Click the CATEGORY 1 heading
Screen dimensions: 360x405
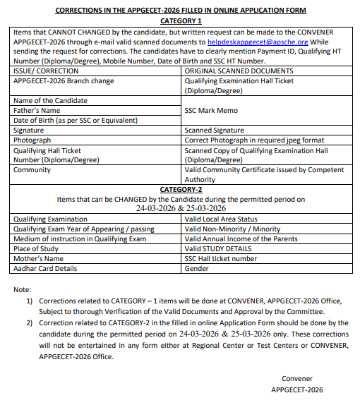pos(181,21)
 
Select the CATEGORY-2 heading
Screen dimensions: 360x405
pos(181,190)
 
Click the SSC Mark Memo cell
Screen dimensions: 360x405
pos(211,111)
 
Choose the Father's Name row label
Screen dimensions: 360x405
pos(37,111)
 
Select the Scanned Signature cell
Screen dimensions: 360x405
pos(214,131)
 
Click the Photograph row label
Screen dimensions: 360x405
pos(32,140)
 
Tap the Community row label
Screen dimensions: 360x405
pos(32,170)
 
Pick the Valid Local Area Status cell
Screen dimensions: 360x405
pos(221,219)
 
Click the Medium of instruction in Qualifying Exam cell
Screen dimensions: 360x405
pos(80,239)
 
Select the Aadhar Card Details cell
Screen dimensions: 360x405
pos(45,269)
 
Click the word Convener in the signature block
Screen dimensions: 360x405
pos(297,379)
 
